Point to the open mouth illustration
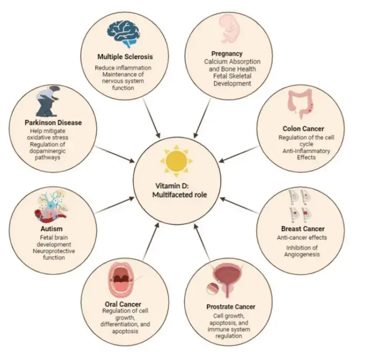121,281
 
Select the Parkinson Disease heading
53,123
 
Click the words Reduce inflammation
123,67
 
